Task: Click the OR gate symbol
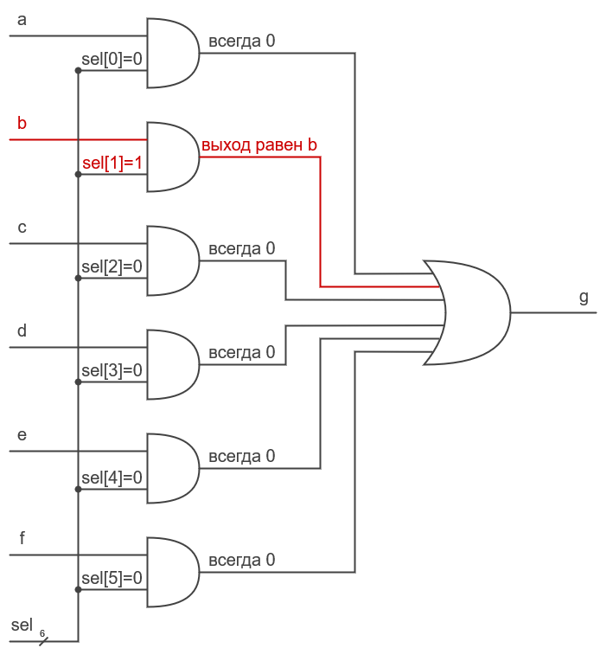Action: click(x=471, y=311)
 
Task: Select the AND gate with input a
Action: click(x=171, y=53)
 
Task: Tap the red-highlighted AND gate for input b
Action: click(x=171, y=157)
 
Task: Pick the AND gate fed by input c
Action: click(x=171, y=260)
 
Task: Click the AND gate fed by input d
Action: click(x=171, y=364)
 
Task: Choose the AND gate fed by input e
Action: click(x=171, y=468)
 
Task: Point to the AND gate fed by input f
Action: click(x=171, y=572)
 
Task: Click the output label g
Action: click(x=584, y=298)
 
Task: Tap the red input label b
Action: click(x=22, y=124)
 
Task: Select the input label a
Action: click(x=22, y=20)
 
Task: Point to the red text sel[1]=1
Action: click(x=112, y=163)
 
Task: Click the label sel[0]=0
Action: click(x=112, y=59)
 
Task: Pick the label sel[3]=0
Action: click(x=112, y=370)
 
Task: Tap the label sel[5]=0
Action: click(x=112, y=578)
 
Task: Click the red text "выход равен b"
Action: click(x=259, y=145)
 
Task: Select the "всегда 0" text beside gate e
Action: click(x=241, y=457)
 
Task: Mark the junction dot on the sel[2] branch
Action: click(x=79, y=278)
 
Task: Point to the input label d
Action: click(x=22, y=331)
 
